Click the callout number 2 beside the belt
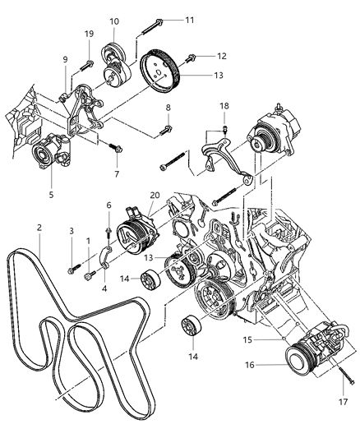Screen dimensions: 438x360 (38, 227)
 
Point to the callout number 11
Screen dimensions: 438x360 (189, 19)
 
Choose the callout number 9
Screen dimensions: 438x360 (65, 58)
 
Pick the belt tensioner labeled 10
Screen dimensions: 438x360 (113, 66)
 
